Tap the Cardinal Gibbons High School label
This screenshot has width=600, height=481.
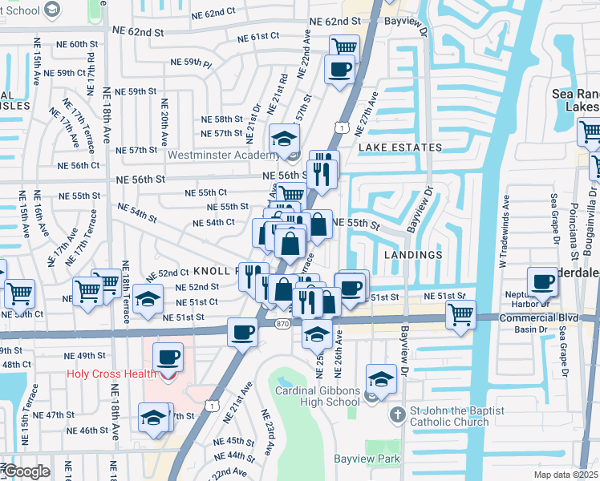pyautogui.click(x=317, y=396)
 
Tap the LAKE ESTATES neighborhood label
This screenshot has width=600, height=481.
pyautogui.click(x=399, y=148)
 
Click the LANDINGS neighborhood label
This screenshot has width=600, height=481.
pyautogui.click(x=413, y=255)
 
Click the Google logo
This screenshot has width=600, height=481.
pyautogui.click(x=26, y=471)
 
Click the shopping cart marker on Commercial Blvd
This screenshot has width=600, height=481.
pyautogui.click(x=460, y=313)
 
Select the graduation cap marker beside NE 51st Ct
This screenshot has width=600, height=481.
pyautogui.click(x=147, y=297)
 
